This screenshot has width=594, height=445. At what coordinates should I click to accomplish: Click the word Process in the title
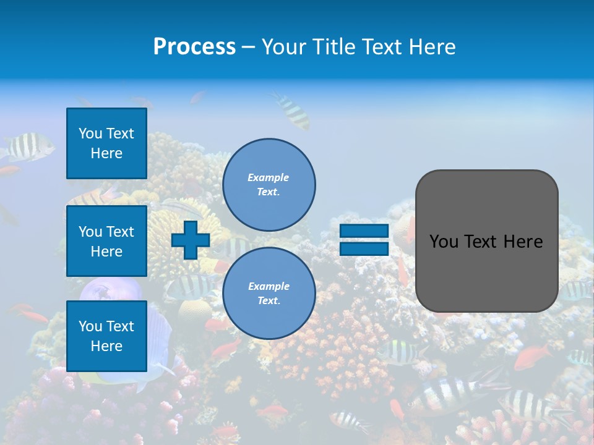(194, 47)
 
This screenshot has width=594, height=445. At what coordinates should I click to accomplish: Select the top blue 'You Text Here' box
(106, 143)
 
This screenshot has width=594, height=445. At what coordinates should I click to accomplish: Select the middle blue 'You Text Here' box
(106, 241)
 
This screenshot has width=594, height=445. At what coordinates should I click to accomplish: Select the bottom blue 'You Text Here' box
(106, 336)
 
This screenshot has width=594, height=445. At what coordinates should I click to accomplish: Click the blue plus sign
(191, 240)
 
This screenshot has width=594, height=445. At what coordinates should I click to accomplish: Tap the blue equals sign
(364, 240)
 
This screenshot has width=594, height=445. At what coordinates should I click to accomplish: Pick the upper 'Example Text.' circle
(269, 184)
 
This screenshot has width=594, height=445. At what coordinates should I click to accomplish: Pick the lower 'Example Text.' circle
(269, 293)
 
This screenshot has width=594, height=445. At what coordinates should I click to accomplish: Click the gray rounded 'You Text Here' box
(486, 241)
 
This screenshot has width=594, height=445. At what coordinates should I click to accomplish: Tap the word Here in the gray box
(523, 242)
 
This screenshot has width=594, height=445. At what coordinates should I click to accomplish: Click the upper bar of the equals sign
(364, 231)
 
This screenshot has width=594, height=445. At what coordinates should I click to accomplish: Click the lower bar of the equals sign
(364, 248)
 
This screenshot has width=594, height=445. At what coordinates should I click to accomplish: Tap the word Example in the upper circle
(269, 177)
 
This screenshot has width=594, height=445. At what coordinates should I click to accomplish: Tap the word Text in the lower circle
(268, 300)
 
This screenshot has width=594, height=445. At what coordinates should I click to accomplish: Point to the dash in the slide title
(249, 48)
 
